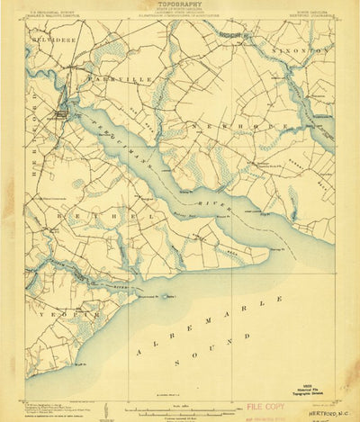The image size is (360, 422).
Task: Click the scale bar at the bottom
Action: [180, 405]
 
